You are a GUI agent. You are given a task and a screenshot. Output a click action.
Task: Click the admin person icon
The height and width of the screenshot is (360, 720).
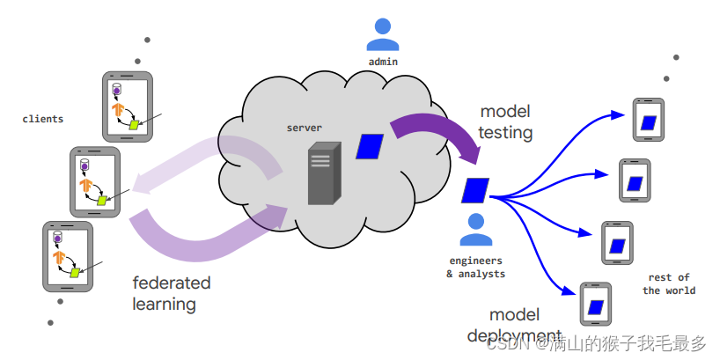coord(383,34)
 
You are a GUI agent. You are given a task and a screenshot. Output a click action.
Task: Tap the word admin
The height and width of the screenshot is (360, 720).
coord(383,62)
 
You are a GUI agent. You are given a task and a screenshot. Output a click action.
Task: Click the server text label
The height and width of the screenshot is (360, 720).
coord(304,129)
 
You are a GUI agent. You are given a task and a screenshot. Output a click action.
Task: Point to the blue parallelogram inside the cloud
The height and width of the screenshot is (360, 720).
coord(369,145)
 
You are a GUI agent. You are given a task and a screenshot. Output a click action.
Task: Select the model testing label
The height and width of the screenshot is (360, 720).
coord(506,122)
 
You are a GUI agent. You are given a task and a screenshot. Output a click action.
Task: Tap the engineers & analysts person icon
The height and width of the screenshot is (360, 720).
coord(475,231)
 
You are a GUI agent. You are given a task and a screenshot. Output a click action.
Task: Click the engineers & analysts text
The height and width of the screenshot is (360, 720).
coord(475,267)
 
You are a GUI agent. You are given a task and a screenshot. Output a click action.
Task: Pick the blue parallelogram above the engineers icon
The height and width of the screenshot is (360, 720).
coord(475,190)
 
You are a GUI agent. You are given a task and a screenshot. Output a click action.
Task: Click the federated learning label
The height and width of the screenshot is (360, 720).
coord(172,293)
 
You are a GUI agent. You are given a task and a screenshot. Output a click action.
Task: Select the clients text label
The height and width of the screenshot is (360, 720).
coord(43,119)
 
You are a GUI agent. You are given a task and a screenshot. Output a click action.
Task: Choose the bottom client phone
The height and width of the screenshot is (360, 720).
coord(68,256)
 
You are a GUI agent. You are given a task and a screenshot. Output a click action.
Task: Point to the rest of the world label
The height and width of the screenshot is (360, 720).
coord(669,283)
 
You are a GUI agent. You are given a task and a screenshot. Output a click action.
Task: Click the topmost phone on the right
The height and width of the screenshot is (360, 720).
coord(647,121)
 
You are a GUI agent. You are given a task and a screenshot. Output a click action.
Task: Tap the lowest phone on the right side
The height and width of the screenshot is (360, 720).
coord(596,304)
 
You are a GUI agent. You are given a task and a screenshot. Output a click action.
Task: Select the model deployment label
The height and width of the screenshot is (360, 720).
coord(514,325)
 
